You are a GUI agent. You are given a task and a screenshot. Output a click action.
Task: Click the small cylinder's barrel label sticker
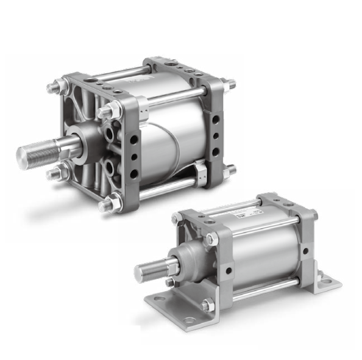tap(244, 217)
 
